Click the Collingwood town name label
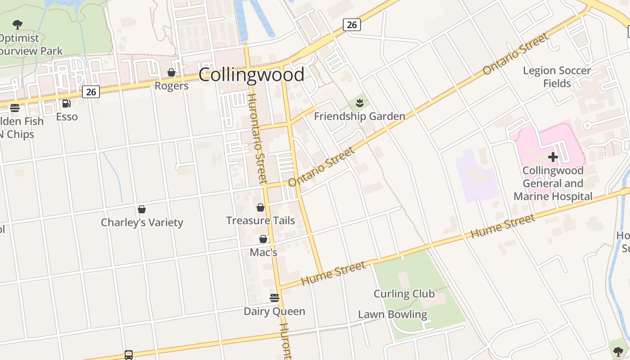coord(251,75)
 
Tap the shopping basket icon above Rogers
coord(171,72)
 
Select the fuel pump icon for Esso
coord(67,103)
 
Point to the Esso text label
coord(67,117)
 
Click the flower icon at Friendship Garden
coord(359,103)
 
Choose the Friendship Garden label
coord(359,117)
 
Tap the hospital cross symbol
coord(553,157)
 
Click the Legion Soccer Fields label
coord(557,77)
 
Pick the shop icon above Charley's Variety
coord(142,209)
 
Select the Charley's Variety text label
coord(142,222)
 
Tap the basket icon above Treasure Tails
coord(260,207)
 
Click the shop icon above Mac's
coord(263,239)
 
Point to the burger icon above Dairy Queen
coord(274,298)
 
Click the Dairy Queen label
coord(274,311)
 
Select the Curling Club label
coord(404,294)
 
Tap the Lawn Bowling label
coord(392,315)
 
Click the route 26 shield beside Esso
coord(91,92)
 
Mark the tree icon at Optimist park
coord(18,24)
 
